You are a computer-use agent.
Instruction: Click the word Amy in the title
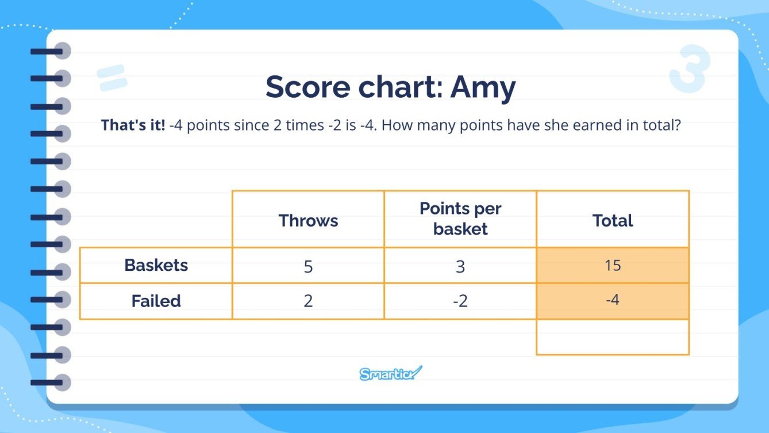[483, 88]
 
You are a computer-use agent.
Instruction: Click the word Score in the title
[308, 87]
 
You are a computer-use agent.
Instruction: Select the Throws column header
[308, 220]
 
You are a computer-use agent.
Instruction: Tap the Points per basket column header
[460, 219]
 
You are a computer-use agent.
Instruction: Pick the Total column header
[613, 220]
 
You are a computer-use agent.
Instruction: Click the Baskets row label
[156, 265]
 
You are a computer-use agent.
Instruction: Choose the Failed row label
[156, 301]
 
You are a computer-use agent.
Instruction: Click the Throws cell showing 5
[308, 266]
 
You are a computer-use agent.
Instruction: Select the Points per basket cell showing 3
[460, 266]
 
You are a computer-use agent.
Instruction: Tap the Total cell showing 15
[613, 266]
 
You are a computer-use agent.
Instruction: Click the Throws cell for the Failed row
[308, 301]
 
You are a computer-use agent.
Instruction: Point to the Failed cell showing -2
[460, 301]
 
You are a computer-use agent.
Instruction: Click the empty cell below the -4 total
[613, 337]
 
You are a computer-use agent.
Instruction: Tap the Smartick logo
[391, 373]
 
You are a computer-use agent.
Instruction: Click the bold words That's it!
[133, 125]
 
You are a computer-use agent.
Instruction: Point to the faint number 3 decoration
[689, 68]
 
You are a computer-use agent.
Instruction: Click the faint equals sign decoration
[112, 78]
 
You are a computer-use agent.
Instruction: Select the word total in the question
[662, 125]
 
